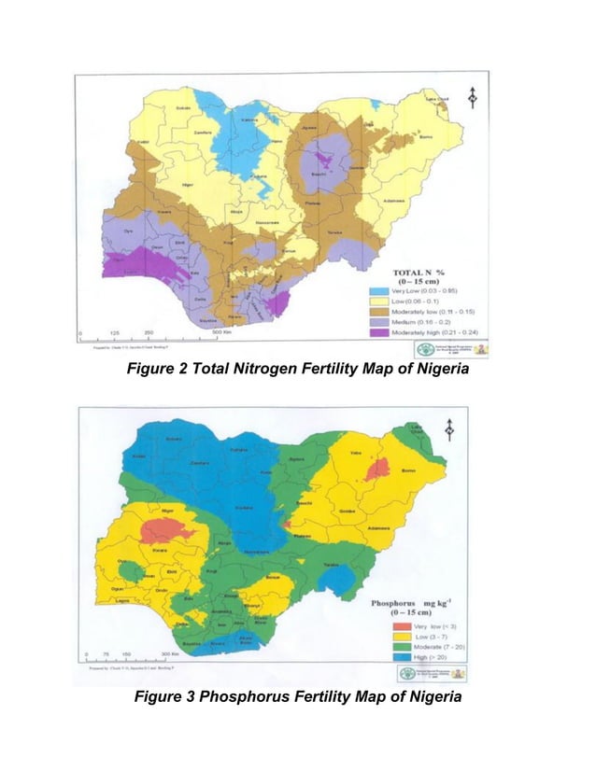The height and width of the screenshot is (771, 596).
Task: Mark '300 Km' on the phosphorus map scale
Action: [x=171, y=654]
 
